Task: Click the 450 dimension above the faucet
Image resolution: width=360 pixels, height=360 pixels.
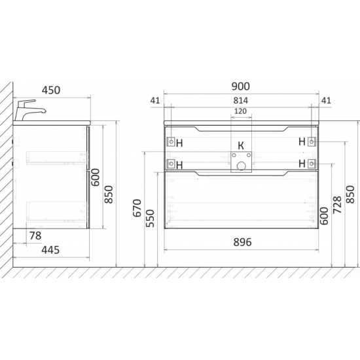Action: (x=51, y=90)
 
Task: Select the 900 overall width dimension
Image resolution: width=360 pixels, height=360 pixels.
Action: (x=241, y=86)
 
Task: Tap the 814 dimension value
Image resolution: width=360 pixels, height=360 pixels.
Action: (x=241, y=100)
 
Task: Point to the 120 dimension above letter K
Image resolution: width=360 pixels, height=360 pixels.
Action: (x=240, y=111)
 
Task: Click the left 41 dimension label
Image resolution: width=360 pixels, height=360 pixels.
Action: (x=155, y=100)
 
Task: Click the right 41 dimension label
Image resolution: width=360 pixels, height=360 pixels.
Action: (x=326, y=100)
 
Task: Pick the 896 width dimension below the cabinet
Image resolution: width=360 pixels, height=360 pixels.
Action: (x=242, y=242)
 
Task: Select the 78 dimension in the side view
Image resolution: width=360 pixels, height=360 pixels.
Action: (x=35, y=236)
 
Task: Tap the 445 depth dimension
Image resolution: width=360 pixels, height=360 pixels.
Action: (x=50, y=250)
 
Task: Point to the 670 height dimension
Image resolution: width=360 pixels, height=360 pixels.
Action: (x=137, y=208)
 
